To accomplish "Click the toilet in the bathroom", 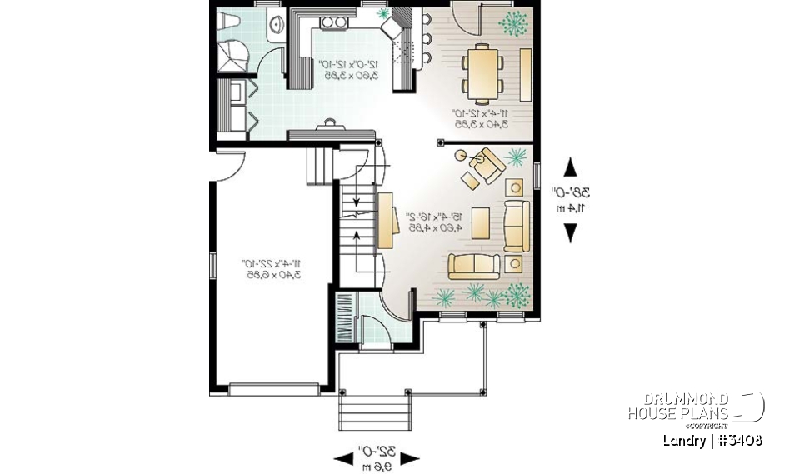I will click(228, 21).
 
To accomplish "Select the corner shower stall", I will click(232, 58).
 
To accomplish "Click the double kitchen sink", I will click(333, 22).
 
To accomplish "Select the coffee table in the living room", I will click(481, 222).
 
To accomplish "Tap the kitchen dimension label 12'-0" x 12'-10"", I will click(349, 69).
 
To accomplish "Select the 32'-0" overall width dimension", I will click(376, 457).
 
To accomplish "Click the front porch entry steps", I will click(375, 409).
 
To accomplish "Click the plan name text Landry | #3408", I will click(712, 440).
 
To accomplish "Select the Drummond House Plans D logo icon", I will click(750, 407).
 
